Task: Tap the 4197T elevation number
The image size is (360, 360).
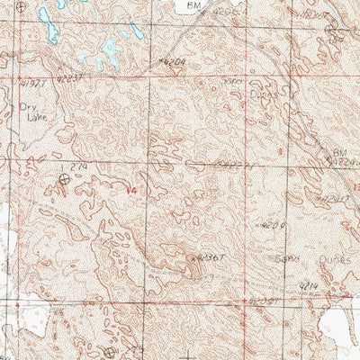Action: pos(32,84)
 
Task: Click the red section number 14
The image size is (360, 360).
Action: pos(132,189)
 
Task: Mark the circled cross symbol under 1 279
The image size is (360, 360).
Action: pos(64,180)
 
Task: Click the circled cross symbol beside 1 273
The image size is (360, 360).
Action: pos(110,352)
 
